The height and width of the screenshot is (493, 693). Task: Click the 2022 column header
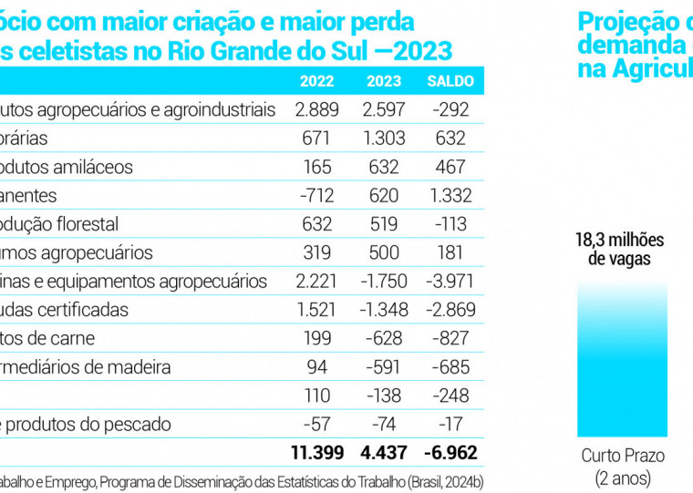pos(317,81)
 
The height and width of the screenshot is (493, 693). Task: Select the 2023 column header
pos(384,81)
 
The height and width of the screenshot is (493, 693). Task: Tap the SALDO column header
pos(450,81)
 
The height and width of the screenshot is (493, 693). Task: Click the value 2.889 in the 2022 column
pos(317,110)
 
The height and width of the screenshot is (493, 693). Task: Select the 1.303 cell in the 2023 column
pos(384,139)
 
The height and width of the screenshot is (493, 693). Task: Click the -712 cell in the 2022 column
pos(317,196)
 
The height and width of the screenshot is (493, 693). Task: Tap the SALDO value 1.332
pos(450,196)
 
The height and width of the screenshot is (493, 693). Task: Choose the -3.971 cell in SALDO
pos(450,282)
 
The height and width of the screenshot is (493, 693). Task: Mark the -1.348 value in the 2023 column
pos(384,310)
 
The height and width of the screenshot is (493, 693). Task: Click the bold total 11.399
pos(316,452)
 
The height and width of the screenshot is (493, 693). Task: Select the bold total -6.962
pos(450,452)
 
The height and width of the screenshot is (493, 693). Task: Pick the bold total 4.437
pos(384,452)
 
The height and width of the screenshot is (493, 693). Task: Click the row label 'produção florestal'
pos(59,224)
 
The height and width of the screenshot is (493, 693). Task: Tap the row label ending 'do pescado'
pos(86,424)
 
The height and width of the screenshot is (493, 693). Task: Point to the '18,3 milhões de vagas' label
pos(620,250)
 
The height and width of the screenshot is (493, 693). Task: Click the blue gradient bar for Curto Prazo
pos(623,359)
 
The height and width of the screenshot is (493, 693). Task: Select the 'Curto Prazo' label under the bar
pos(623,456)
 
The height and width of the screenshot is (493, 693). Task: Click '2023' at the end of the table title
pos(425,50)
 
